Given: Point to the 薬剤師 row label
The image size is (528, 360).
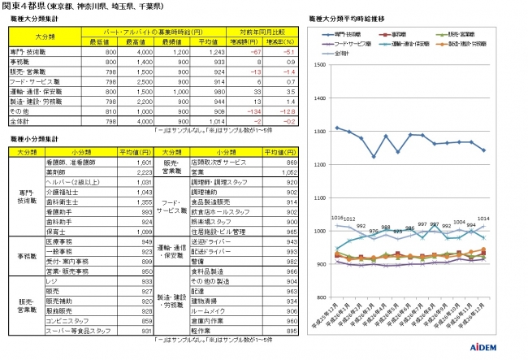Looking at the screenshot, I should point(79,172).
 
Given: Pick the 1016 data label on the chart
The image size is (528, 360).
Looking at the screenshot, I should point(339,217).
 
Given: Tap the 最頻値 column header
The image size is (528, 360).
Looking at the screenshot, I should point(172,40).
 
